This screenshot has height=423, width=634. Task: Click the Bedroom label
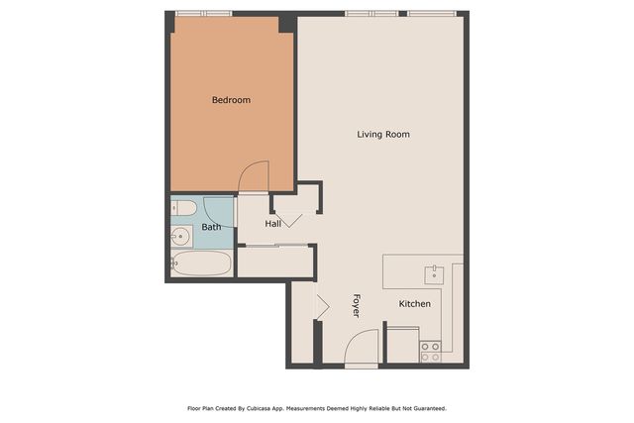(231, 100)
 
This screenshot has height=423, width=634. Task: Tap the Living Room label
(383, 134)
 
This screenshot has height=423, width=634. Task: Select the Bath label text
(212, 227)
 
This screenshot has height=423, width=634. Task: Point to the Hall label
(273, 224)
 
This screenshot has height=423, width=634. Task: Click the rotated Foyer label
(356, 305)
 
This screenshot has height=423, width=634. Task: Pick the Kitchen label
(414, 303)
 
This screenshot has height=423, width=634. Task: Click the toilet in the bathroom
(181, 209)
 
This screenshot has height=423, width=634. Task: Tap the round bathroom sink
(180, 236)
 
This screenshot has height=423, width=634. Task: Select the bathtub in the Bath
(201, 264)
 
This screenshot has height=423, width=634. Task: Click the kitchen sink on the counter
(434, 272)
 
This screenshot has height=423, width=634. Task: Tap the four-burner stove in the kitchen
(430, 351)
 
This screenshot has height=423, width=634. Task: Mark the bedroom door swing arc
(254, 175)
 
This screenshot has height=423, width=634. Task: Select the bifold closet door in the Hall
(288, 219)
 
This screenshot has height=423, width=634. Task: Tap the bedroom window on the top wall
(203, 14)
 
